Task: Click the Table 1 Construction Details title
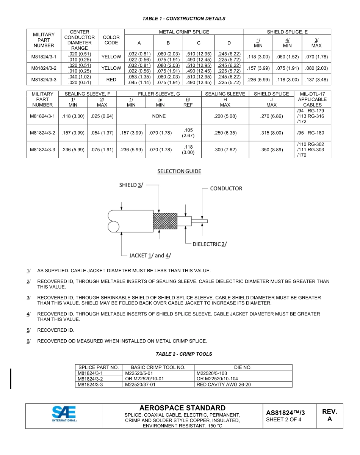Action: click(184, 18)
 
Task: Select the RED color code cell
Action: click(111, 80)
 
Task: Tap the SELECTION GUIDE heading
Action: click(179, 171)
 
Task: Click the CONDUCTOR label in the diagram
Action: click(226, 188)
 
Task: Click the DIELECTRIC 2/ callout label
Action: click(210, 244)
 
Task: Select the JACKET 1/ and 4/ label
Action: click(150, 256)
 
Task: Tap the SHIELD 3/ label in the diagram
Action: click(131, 185)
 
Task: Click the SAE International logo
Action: click(64, 414)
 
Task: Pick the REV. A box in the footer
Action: click(329, 416)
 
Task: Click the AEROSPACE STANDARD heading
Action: click(183, 408)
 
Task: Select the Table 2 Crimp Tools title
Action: click(184, 354)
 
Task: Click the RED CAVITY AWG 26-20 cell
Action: click(224, 384)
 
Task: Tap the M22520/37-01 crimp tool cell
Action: click(140, 384)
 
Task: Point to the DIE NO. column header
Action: click(243, 367)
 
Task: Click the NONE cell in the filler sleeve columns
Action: click(159, 116)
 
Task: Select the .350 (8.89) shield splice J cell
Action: click(271, 150)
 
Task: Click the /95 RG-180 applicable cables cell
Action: click(312, 133)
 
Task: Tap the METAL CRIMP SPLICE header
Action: click(184, 32)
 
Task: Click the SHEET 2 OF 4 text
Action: click(284, 419)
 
